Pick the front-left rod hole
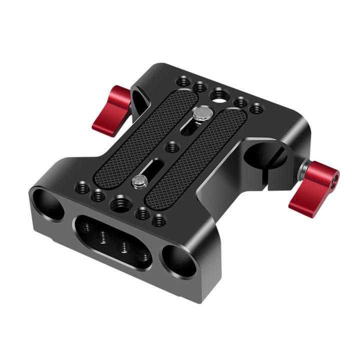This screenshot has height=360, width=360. pos(46,203)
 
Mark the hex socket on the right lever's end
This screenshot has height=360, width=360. pos(332,177)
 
